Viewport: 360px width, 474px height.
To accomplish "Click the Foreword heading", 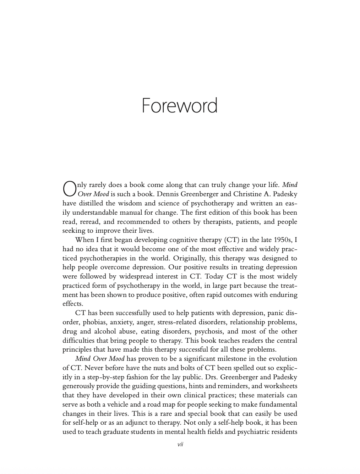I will point(179,105).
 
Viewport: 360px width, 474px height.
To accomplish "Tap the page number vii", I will point(180,444).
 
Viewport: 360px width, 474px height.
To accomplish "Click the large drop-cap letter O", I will point(69,189).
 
